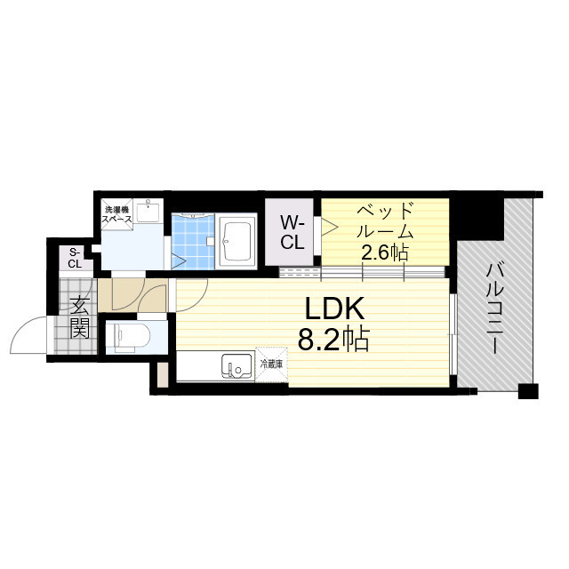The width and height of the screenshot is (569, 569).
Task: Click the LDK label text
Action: [334, 309]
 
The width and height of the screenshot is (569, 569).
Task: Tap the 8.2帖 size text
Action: [333, 340]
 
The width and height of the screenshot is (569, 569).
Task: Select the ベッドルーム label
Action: [385, 220]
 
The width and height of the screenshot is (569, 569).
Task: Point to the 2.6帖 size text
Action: [385, 252]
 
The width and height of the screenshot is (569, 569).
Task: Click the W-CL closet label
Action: [292, 232]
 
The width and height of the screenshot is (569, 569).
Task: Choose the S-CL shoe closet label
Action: [75, 258]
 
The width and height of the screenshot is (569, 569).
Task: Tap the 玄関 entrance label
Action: [79, 317]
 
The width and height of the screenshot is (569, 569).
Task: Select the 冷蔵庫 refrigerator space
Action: [271, 365]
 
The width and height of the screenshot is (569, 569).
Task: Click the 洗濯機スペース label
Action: [116, 214]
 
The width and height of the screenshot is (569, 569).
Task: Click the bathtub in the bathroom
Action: [237, 241]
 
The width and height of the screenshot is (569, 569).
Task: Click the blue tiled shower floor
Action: [193, 242]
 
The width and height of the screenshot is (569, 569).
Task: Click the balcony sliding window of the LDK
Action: [453, 334]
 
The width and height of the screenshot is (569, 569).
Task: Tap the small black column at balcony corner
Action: [528, 391]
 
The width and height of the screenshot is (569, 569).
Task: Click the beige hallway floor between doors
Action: [132, 295]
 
